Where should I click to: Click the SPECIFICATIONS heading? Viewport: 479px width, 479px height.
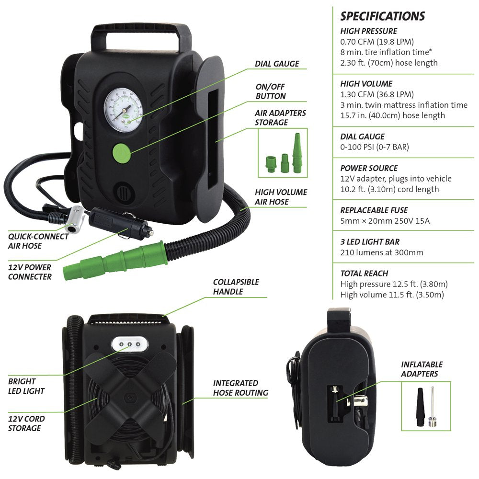pos(382,16)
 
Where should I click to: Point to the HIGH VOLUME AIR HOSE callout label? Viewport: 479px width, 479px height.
pos(281,197)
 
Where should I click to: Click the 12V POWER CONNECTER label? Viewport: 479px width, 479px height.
pos(30,272)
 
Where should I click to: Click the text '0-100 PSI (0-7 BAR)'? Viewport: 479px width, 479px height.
pos(375,147)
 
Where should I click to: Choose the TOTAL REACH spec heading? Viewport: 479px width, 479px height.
pos(364,274)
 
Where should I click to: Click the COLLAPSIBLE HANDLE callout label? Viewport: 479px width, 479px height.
pos(236,286)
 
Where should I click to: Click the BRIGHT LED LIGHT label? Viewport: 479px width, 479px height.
pos(26,386)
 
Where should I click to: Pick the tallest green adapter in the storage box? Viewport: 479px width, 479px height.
pos(297,149)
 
